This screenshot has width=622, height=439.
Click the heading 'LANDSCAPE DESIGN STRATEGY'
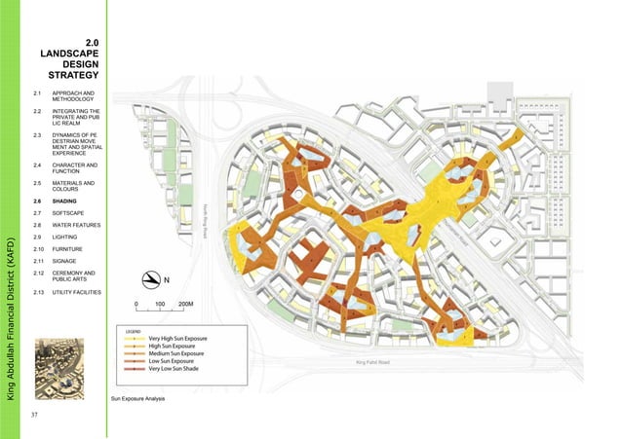point(75,59)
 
